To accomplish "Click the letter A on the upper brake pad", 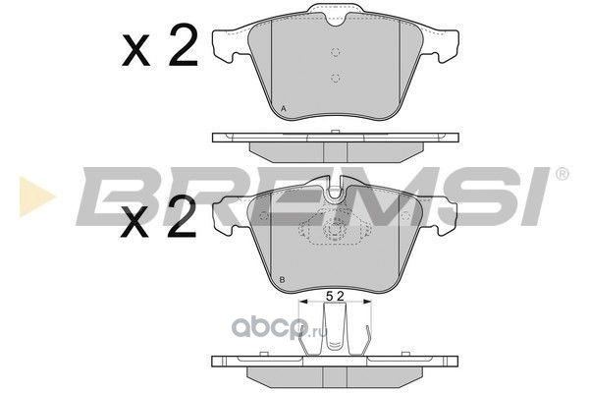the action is [284, 109].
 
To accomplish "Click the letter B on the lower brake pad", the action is [282, 280].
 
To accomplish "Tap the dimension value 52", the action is [335, 297].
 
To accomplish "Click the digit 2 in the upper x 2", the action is [183, 45].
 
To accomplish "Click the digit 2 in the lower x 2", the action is [182, 217].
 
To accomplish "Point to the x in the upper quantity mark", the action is [136, 50].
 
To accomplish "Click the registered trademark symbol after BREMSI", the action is [562, 174].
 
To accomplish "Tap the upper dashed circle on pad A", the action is [336, 52].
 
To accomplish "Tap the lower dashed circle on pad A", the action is [336, 79].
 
